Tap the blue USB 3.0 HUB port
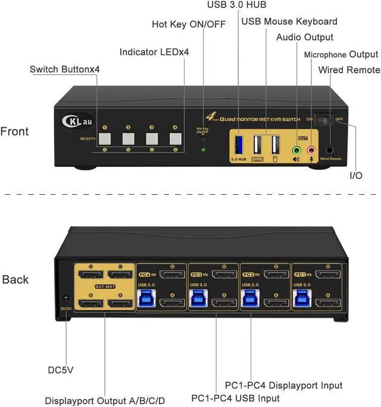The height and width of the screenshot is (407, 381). tap(239, 145)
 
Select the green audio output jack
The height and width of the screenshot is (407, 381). tap(296, 150)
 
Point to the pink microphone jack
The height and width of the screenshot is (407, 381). tap(311, 150)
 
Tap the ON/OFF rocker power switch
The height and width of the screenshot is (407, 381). tap(325, 121)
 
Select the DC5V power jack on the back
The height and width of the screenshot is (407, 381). tap(65, 301)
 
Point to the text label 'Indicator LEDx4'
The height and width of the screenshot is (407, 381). tap(155, 52)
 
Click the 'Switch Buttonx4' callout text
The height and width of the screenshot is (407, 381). tap(65, 70)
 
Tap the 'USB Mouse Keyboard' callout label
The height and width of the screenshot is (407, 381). tap(289, 21)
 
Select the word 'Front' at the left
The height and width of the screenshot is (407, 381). tap(14, 131)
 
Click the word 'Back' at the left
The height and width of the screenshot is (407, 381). tap(15, 279)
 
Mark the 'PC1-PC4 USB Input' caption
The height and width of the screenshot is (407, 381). tap(235, 397)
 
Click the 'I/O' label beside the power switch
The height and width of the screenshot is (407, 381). tap(356, 176)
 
